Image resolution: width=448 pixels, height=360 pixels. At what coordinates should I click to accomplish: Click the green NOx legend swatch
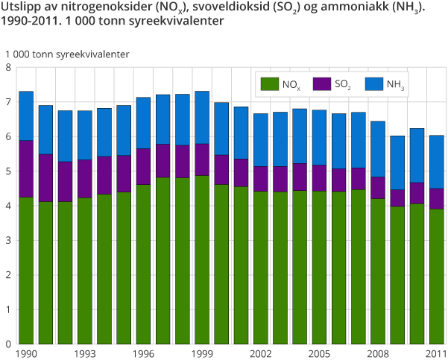click(x=268, y=84)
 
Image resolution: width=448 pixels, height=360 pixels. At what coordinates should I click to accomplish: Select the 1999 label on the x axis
click(x=201, y=353)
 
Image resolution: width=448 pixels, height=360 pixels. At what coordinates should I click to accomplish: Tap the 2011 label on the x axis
click(x=435, y=353)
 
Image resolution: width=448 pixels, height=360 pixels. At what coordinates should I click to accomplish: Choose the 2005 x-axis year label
click(x=318, y=353)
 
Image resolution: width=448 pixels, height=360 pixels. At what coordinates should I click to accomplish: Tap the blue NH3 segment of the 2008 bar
click(x=377, y=149)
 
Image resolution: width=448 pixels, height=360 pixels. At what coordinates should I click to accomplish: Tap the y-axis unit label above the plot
click(x=67, y=54)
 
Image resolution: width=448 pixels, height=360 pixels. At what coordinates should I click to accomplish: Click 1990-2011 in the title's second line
click(x=30, y=22)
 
